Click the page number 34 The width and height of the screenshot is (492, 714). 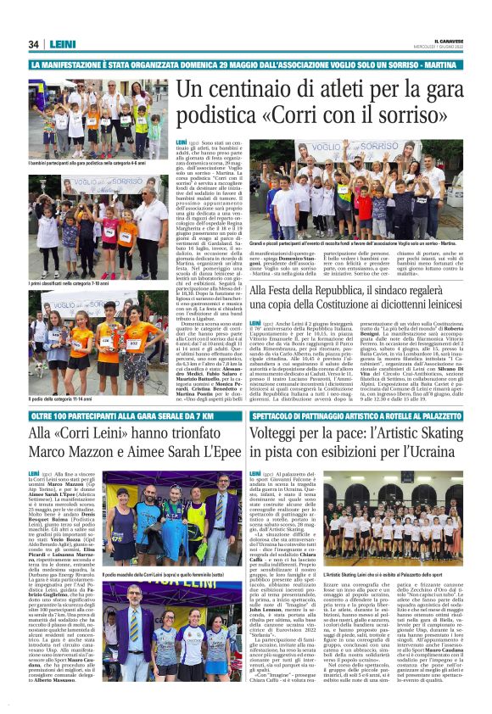34,44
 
